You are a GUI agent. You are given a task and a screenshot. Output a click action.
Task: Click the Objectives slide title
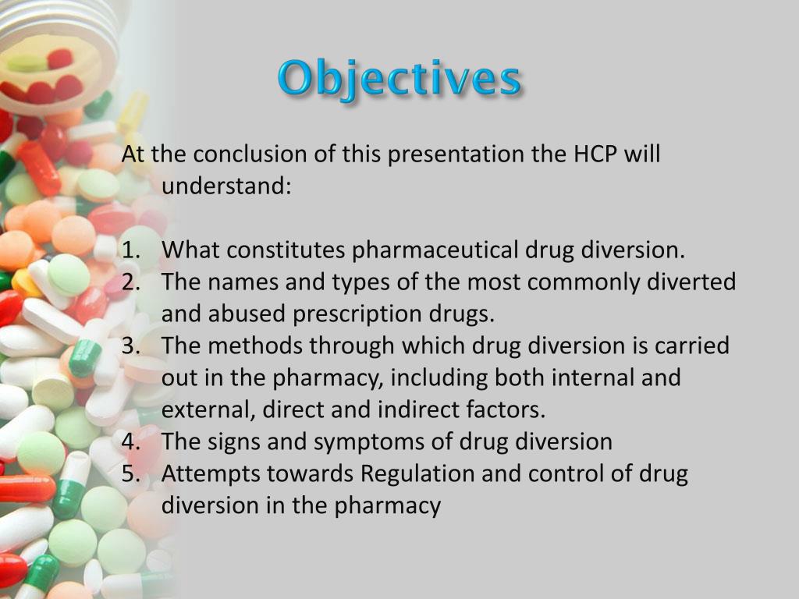pos(399,80)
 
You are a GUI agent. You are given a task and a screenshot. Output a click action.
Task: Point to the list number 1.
pos(130,250)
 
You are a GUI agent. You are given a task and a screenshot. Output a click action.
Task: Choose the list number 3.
pos(130,346)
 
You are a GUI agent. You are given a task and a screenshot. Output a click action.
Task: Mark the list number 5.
pos(130,473)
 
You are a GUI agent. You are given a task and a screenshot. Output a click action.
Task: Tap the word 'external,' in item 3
pos(208,409)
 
